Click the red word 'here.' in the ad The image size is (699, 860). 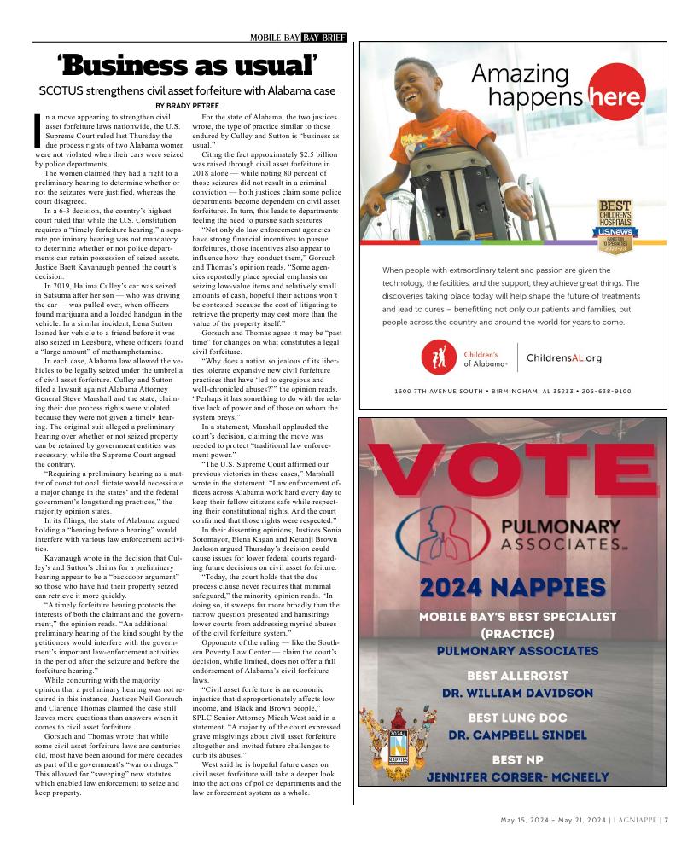click(617, 99)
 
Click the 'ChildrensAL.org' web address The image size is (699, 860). click(564, 358)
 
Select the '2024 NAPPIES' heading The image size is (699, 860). click(513, 587)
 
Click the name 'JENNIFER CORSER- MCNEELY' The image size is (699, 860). click(517, 776)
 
